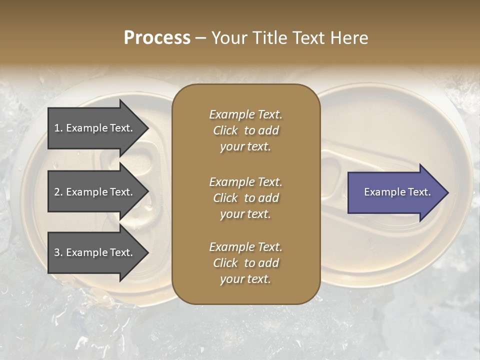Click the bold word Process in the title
click(x=157, y=38)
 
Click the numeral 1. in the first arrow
click(x=58, y=128)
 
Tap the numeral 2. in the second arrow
click(x=58, y=192)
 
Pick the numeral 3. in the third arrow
click(x=58, y=252)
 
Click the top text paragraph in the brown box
click(x=245, y=130)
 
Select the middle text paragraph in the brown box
click(x=245, y=198)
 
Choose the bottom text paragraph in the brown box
click(x=245, y=263)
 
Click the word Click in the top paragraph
click(x=225, y=130)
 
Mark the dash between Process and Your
click(x=200, y=38)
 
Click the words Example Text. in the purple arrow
click(x=397, y=192)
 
